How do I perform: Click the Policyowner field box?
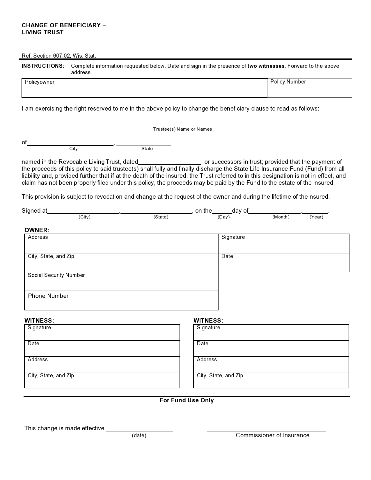tap(144, 88)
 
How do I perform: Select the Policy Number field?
tap(309, 88)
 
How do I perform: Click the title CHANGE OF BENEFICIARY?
tap(64, 25)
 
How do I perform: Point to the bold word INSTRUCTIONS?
tap(43, 66)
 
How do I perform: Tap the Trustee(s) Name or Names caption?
tap(182, 129)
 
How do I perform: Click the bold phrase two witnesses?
tap(266, 66)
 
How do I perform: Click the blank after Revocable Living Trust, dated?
tap(170, 162)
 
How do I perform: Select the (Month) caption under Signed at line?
tap(281, 217)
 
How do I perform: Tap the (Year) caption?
tap(316, 217)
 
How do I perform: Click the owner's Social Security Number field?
tap(121, 282)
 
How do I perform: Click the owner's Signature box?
tap(283, 244)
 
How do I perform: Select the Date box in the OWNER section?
tap(283, 263)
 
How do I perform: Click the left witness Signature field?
tap(102, 333)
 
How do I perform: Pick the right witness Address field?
tap(271, 365)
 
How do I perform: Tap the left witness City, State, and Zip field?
tap(102, 381)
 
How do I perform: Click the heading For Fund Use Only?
tap(187, 401)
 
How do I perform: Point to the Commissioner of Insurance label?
tap(272, 435)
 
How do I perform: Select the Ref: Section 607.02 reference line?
tap(59, 56)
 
